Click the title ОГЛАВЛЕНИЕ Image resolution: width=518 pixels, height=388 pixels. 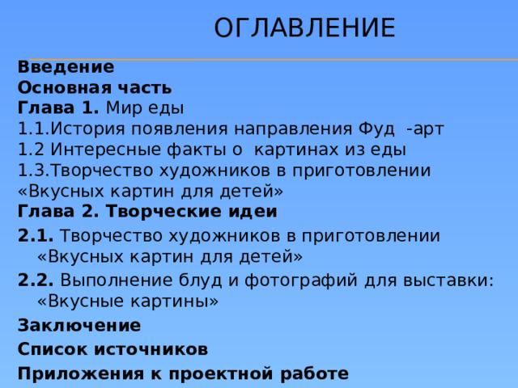coord(304,28)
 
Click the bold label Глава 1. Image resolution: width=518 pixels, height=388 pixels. coord(57,108)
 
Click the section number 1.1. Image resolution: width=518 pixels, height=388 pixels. coord(32,129)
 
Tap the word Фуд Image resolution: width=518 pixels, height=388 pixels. coord(372,129)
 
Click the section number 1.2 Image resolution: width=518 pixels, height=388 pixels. coord(30,150)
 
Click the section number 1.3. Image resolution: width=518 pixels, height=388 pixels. coord(32,171)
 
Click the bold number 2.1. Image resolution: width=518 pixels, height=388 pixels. coord(35,236)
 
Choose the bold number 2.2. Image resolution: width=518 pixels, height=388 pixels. coord(35,280)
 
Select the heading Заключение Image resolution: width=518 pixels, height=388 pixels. coord(79,326)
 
